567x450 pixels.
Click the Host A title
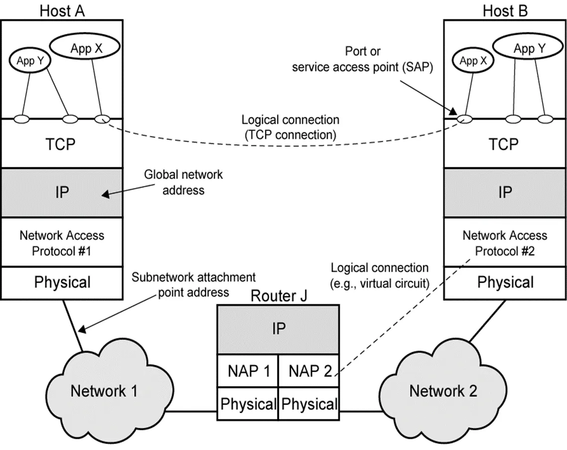(62, 10)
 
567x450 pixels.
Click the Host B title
(505, 10)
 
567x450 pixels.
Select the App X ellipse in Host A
(85, 49)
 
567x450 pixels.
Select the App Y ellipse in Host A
(29, 61)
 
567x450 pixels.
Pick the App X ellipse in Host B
(468, 61)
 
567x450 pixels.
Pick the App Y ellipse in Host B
(530, 49)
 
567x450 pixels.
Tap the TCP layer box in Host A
(62, 144)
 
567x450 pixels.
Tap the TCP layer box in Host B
(505, 144)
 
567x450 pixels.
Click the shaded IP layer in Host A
(62, 193)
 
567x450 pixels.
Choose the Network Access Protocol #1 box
(62, 242)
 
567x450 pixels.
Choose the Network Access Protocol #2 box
(505, 242)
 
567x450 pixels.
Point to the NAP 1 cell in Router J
(248, 371)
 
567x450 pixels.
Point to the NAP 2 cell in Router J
(308, 371)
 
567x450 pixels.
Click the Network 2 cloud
(443, 391)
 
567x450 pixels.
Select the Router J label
(279, 296)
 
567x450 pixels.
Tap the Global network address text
(183, 182)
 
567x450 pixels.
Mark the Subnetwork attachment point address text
(193, 284)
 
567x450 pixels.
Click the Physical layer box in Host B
(505, 283)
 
